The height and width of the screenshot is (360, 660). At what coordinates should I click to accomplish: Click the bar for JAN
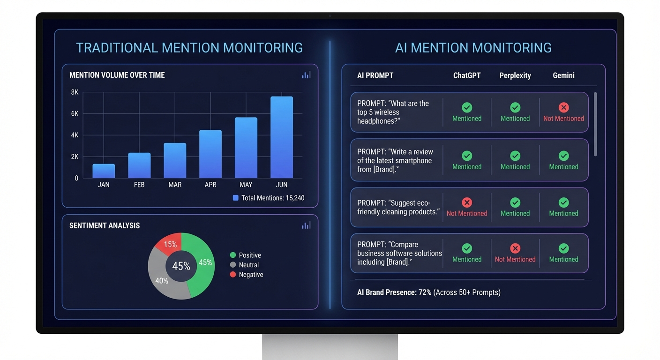tap(104, 171)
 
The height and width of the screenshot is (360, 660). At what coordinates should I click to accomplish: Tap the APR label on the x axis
tap(210, 185)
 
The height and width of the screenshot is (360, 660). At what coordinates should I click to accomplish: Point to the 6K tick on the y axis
tap(75, 113)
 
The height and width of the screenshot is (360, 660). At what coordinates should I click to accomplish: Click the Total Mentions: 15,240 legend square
tap(236, 198)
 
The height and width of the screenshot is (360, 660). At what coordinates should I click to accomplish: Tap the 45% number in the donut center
tap(181, 266)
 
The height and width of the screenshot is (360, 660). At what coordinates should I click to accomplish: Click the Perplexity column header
tap(515, 75)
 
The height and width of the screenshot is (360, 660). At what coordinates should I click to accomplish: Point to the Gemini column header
tap(563, 75)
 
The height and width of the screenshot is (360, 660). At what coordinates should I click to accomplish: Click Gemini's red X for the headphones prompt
tap(563, 107)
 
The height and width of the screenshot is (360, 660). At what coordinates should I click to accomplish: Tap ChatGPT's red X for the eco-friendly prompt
tap(467, 202)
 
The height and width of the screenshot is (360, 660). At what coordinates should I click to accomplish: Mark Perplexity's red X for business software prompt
tap(515, 248)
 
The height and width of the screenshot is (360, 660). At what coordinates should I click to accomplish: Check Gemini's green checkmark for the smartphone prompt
tap(563, 156)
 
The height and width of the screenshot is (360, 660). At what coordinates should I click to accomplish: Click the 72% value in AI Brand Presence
tap(425, 292)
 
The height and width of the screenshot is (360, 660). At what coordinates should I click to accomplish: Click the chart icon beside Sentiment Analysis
tap(306, 225)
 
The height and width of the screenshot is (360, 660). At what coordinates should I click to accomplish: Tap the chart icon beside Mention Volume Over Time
tap(306, 75)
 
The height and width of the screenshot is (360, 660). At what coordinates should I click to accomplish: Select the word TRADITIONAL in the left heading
tap(117, 48)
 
